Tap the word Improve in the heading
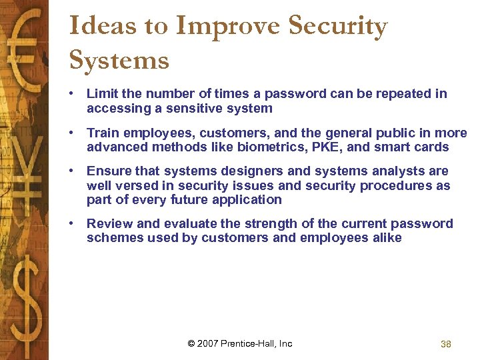pos(227,27)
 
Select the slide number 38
pos(446,344)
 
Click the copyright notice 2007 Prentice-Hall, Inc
pos(240,344)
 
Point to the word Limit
pos(101,94)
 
